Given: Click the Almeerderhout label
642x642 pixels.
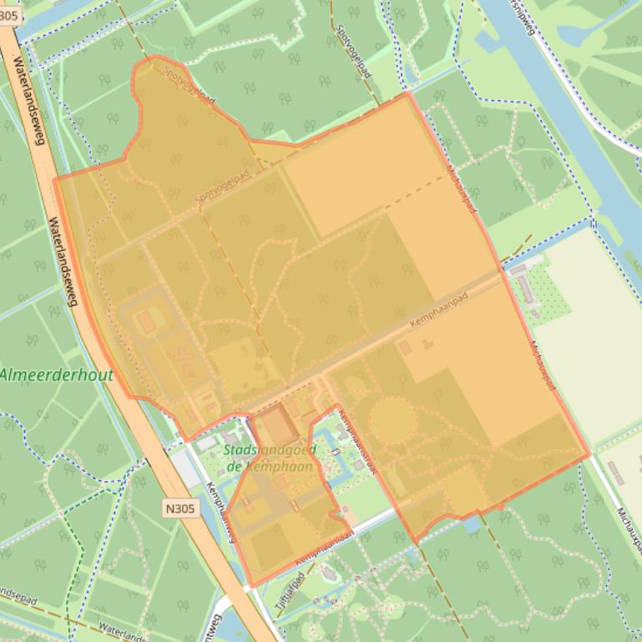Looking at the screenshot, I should click(57, 375).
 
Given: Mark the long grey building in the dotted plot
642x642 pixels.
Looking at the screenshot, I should click(526, 288).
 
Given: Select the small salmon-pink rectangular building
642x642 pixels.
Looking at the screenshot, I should click(147, 321).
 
